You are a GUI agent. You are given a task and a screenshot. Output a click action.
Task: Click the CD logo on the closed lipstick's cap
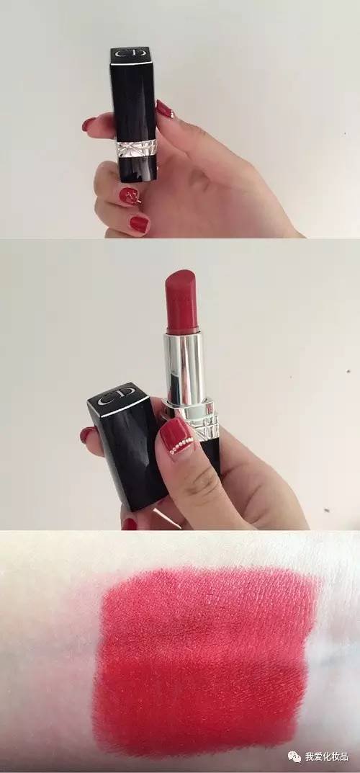coord(130,53)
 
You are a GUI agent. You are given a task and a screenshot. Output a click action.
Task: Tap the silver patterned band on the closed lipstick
coord(136,148)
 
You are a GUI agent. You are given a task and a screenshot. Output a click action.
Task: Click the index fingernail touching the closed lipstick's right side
coord(165,109)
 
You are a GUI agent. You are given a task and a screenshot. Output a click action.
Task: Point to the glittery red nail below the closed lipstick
coord(130,196)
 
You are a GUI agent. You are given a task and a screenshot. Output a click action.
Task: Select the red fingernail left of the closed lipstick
coord(89,123)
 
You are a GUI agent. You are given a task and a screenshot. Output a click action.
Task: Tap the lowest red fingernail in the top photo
coord(140,224)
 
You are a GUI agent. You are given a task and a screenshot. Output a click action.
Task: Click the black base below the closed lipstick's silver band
coord(138,168)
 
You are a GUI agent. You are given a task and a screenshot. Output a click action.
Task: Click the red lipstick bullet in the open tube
coord(181,301)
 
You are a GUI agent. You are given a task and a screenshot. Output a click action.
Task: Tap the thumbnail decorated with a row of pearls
coord(176,435)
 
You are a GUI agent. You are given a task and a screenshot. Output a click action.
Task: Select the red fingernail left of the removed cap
coord(87,434)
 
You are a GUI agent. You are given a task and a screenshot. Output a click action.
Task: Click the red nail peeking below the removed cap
coord(129,524)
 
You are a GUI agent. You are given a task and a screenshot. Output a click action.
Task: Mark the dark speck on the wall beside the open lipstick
coord(348,371)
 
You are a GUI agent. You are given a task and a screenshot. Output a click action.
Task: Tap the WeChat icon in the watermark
coord(294,756)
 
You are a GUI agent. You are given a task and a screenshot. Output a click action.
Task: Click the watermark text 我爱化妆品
coord(326,756)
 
